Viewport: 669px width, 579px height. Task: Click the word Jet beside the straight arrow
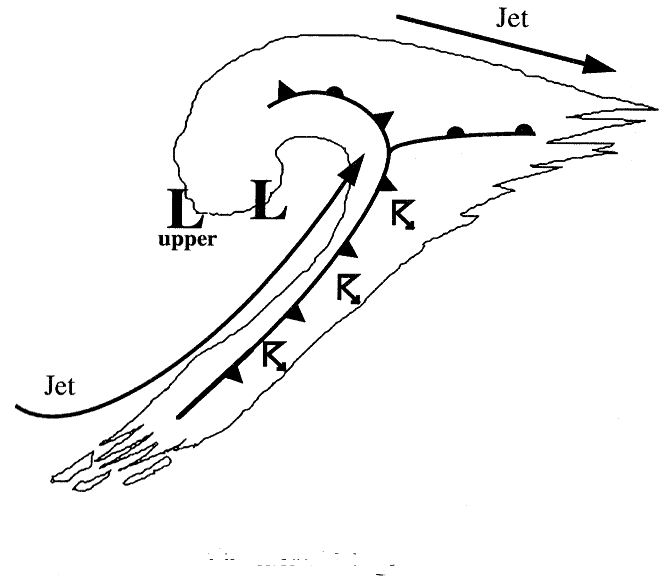(x=512, y=20)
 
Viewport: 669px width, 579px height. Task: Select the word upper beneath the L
(x=187, y=241)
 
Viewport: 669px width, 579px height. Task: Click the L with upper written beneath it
(x=184, y=208)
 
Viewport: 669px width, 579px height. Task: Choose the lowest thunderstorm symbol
(x=274, y=356)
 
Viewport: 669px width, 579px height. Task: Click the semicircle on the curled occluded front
(x=335, y=91)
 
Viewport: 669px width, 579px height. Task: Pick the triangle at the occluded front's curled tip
(x=285, y=90)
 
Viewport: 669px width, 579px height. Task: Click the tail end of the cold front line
(x=178, y=416)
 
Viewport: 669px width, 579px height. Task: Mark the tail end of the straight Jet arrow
(x=397, y=16)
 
